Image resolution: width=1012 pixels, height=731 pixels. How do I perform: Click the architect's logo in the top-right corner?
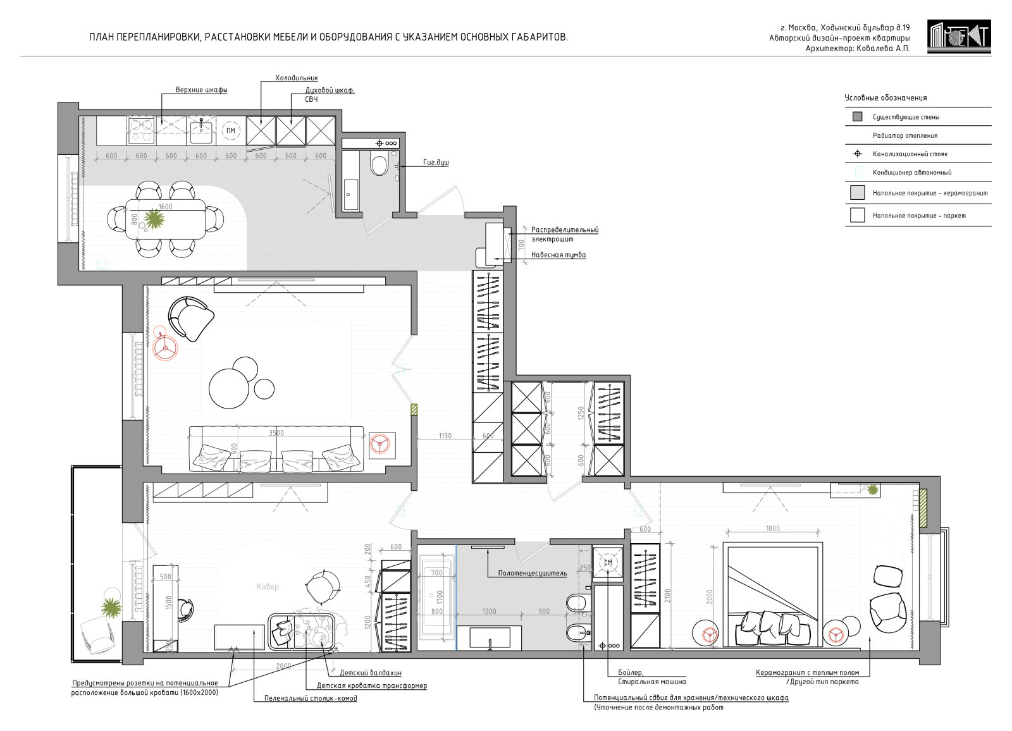point(959,36)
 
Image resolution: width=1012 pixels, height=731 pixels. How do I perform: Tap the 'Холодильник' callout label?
point(297,78)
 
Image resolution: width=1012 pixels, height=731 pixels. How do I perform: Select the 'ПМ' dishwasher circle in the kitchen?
point(231,130)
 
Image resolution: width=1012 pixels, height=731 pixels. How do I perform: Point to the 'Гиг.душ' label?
point(436,162)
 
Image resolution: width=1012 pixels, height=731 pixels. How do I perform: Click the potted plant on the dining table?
point(154,219)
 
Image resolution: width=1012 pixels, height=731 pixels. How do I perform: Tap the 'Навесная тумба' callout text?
point(558,255)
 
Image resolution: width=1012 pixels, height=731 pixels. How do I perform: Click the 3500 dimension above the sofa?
point(276,433)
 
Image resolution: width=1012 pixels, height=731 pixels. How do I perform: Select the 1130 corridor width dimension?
point(445,436)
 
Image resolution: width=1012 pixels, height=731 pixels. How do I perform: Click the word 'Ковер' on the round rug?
point(268,586)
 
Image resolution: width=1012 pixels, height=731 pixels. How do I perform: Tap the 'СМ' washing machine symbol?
point(608,563)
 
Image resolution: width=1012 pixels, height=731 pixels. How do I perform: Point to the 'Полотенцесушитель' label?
point(532,574)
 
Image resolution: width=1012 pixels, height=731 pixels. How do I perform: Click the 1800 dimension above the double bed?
point(772,528)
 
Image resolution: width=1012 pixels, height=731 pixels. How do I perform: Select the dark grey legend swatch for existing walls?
point(857,116)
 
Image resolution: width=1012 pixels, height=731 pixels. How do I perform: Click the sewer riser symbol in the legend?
point(857,154)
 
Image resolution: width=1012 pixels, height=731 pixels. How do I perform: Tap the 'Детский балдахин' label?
point(371,673)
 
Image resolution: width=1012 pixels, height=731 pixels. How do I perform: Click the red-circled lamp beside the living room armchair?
point(165,347)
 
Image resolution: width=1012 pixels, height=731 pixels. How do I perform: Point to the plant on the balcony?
point(111,608)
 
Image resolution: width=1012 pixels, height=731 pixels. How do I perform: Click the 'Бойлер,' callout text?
point(631,673)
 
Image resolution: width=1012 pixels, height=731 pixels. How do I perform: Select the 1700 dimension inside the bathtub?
point(440,598)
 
